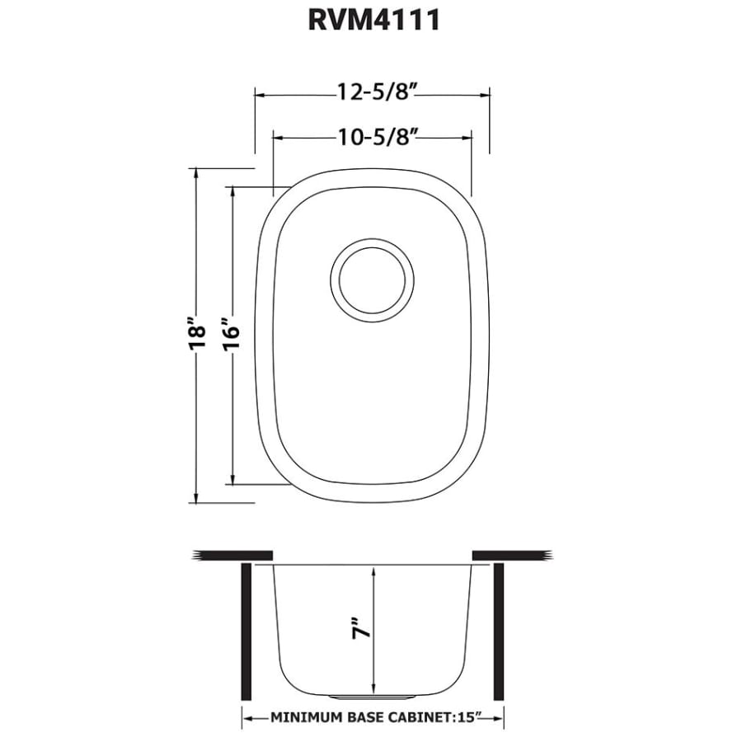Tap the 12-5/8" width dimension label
(373, 93)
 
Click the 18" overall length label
(195, 334)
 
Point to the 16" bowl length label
(232, 334)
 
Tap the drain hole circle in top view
(373, 277)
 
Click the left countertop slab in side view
(232, 554)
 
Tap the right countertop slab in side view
(512, 554)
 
